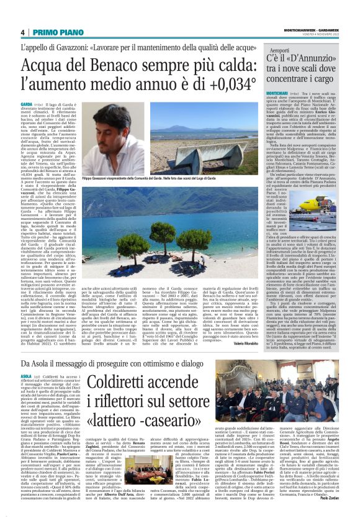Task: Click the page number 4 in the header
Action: [x=22, y=32]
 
